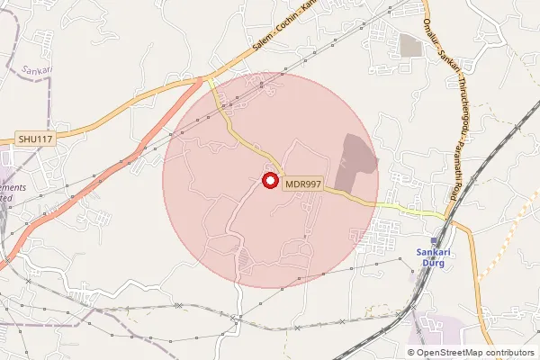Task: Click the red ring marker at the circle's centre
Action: coord(269,181)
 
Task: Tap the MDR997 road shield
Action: coord(302,184)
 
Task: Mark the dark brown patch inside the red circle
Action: coord(357,153)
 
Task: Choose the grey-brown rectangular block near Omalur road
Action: coord(411,46)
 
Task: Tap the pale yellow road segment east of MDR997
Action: coord(409,208)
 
